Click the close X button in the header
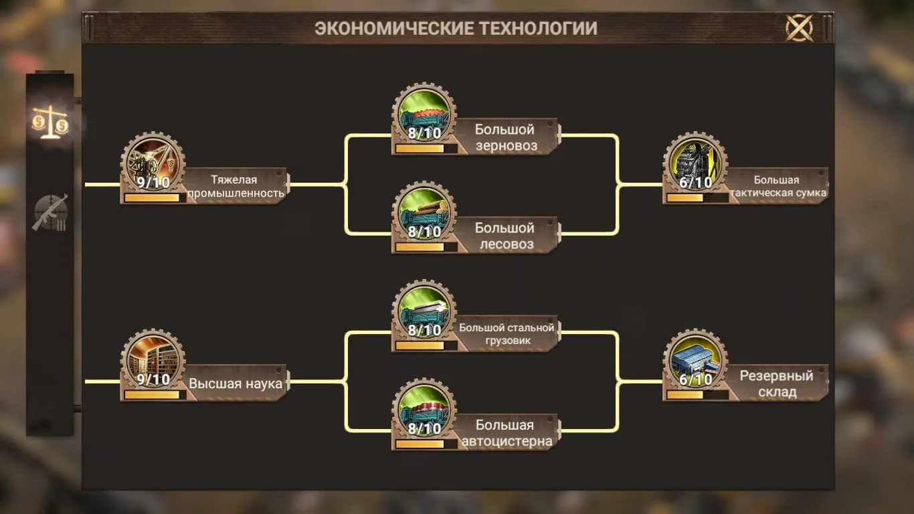(799, 27)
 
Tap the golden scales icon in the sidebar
(50, 122)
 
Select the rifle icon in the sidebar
(50, 212)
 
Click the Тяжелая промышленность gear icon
(153, 163)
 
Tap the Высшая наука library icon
(153, 361)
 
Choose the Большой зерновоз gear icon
(424, 114)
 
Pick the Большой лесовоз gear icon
(424, 213)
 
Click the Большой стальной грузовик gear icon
(424, 311)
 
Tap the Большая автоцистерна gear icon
(424, 410)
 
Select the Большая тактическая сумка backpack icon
(695, 163)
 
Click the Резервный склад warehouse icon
(695, 361)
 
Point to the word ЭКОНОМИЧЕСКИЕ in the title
(393, 28)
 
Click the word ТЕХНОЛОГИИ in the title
(538, 28)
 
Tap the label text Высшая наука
(236, 383)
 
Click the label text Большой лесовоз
(505, 236)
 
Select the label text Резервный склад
(776, 383)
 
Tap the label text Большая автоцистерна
(507, 433)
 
